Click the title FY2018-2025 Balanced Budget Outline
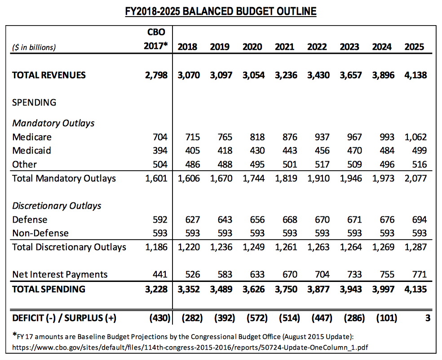[x=221, y=11]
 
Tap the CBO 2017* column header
[x=156, y=40]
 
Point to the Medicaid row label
[x=31, y=150]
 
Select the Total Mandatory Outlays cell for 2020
[x=254, y=178]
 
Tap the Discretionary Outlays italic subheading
[x=57, y=206]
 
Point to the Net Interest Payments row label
[x=60, y=274]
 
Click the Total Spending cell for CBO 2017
[x=156, y=289]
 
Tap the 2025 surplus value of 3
[x=428, y=318]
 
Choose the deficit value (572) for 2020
[x=254, y=318]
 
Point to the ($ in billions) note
[x=34, y=47]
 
